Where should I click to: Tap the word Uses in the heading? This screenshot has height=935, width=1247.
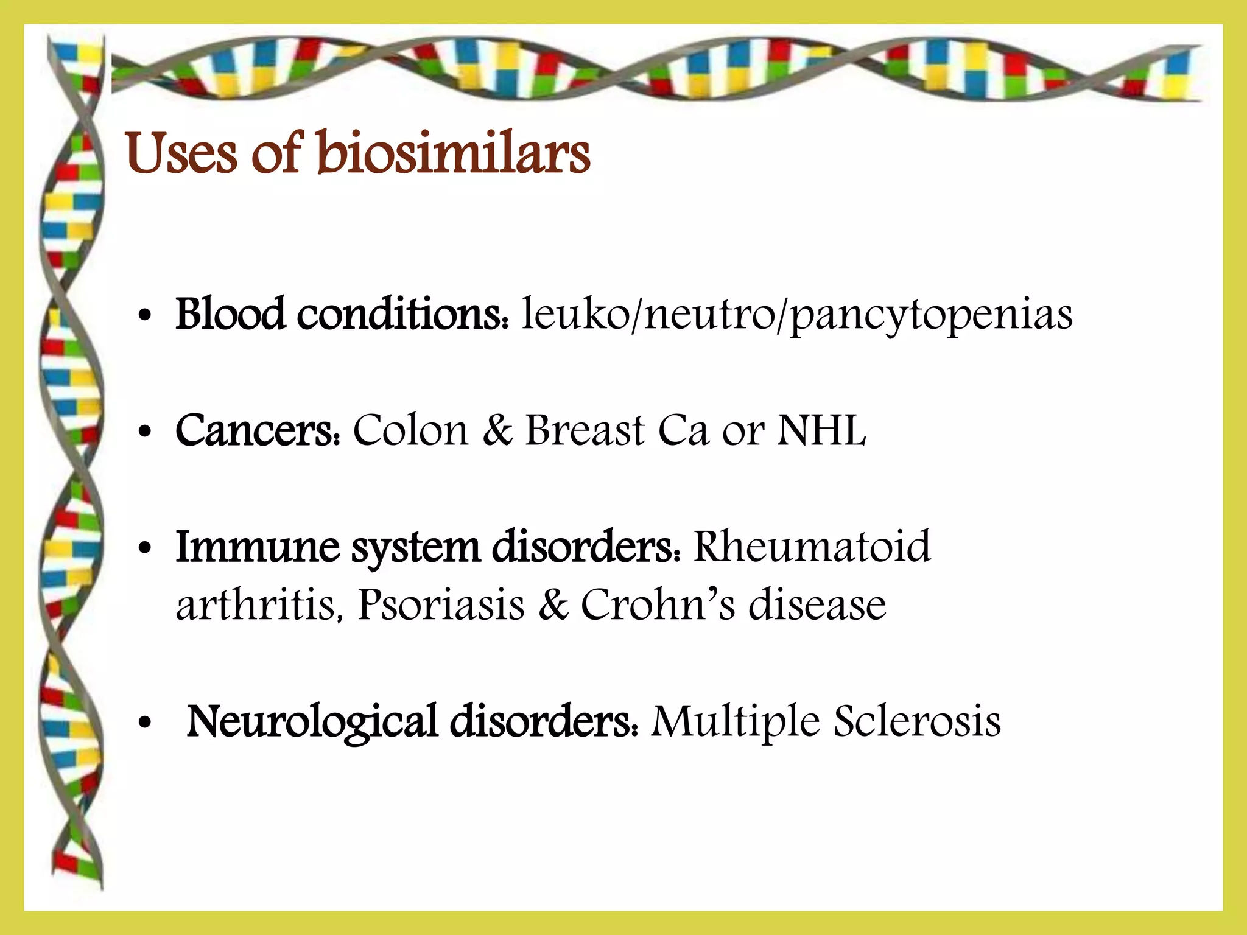pos(181,153)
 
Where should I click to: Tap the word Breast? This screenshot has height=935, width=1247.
pos(585,430)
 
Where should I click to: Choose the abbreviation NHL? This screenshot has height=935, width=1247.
pos(821,430)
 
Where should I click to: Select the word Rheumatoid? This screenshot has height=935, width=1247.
pos(812,546)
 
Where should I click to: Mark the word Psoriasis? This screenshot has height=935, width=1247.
pos(441,604)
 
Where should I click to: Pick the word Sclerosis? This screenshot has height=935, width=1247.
pos(917,721)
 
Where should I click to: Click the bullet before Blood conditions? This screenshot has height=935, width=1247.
pos(144,318)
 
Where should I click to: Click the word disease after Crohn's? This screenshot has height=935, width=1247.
pos(817,604)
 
